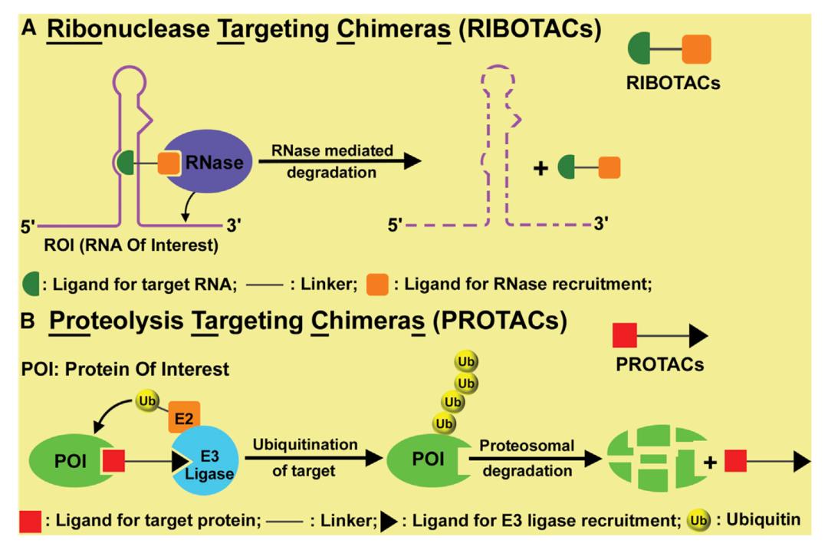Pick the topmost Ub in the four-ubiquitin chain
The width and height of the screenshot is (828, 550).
[x=463, y=361]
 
